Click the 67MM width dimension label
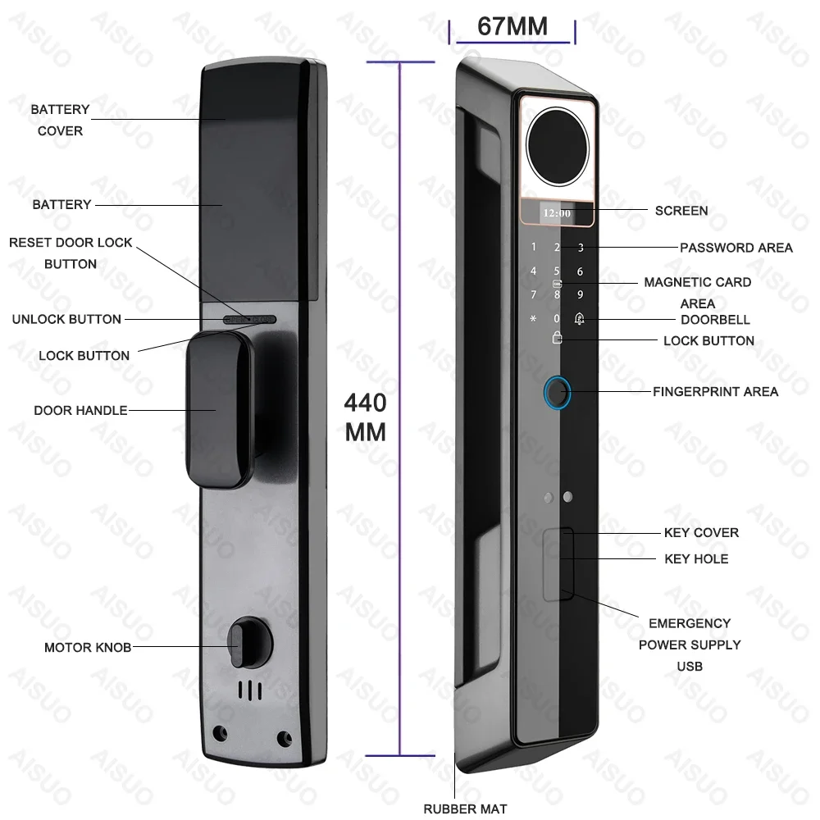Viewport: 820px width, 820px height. [x=512, y=26]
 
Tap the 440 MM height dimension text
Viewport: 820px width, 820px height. [x=365, y=417]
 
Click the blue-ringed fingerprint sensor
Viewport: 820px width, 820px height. [x=557, y=393]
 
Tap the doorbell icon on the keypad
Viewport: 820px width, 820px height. [x=579, y=318]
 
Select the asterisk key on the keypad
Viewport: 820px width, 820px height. [x=533, y=318]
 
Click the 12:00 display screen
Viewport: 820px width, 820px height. [x=557, y=213]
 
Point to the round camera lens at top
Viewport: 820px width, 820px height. [x=557, y=147]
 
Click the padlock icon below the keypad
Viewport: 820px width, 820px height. [x=557, y=337]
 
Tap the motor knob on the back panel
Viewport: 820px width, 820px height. [x=249, y=642]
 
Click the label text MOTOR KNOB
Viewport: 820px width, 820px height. [x=88, y=648]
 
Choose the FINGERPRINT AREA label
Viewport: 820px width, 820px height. [x=715, y=392]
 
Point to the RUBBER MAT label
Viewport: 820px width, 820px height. [x=465, y=809]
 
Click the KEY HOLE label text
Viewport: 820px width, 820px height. [x=696, y=559]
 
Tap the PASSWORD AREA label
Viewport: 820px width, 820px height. [x=736, y=248]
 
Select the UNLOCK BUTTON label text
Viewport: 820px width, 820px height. [x=66, y=319]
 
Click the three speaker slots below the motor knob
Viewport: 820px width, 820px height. [x=250, y=690]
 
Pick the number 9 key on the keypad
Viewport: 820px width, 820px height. [x=580, y=295]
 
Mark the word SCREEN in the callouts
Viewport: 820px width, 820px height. [x=681, y=211]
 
